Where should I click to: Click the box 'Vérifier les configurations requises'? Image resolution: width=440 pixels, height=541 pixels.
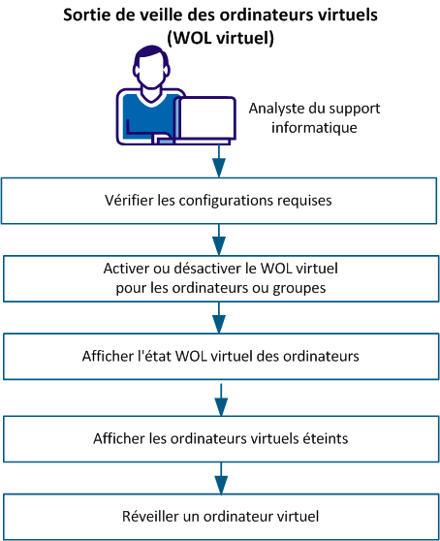(x=219, y=201)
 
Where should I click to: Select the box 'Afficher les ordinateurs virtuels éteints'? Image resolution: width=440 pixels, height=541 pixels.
(x=219, y=437)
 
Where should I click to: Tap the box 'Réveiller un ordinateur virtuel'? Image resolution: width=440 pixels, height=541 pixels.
(x=219, y=514)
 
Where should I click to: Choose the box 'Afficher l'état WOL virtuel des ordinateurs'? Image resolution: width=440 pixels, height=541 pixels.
(x=219, y=356)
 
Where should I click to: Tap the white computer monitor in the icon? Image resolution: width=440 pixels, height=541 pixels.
(x=204, y=118)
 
